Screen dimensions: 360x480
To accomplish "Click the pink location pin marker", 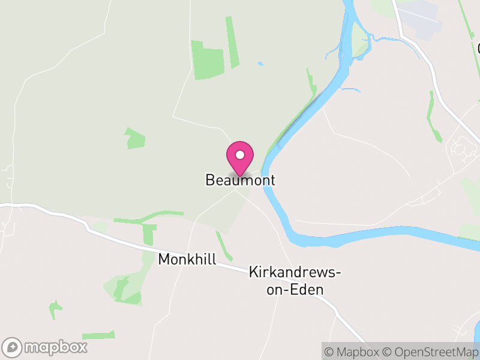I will [240, 158].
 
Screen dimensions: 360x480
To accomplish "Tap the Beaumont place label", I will [240, 180].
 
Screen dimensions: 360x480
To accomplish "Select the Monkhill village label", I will [187, 259].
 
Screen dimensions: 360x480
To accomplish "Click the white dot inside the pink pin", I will [240, 155].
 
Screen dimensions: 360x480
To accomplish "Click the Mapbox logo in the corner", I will [46, 347].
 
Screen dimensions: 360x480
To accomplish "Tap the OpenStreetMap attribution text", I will [432, 352].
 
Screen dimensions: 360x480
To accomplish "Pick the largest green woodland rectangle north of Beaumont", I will [208, 60].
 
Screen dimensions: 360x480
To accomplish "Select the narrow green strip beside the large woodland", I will [232, 42].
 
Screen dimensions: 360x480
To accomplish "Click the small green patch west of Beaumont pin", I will [135, 139].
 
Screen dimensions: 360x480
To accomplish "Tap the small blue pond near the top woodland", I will [260, 63].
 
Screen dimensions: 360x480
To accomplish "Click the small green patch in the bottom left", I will [55, 309].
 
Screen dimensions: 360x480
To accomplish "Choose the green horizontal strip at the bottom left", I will [98, 334].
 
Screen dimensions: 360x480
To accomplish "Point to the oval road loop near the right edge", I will [460, 148].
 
